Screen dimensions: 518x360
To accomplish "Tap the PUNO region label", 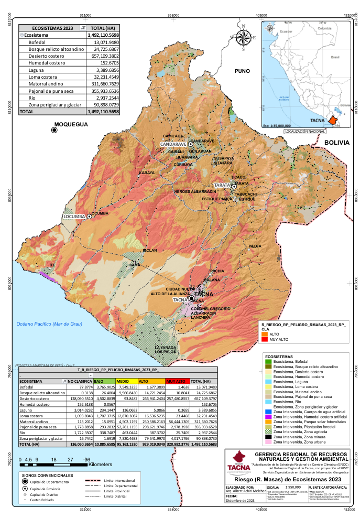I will tap(242, 71).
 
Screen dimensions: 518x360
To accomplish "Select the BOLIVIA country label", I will tap(336, 143).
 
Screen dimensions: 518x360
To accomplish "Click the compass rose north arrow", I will tap(243, 38).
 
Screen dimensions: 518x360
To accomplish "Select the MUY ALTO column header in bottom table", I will tap(176, 381).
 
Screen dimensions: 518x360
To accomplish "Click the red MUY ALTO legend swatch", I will tap(265, 340).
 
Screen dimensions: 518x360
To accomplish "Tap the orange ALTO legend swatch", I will tap(265, 334).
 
